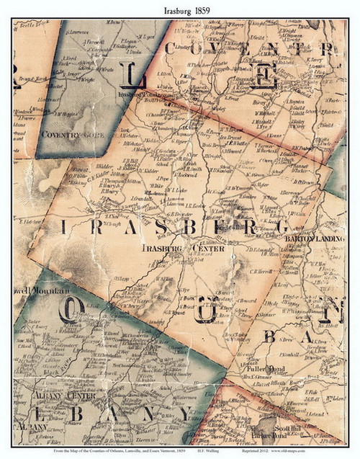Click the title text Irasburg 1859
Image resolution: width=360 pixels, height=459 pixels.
[x=179, y=7]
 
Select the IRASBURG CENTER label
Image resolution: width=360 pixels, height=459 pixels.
[x=184, y=249]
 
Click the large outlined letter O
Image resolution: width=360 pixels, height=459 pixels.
[x=71, y=310]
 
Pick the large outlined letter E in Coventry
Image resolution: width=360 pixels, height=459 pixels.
[x=264, y=75]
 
